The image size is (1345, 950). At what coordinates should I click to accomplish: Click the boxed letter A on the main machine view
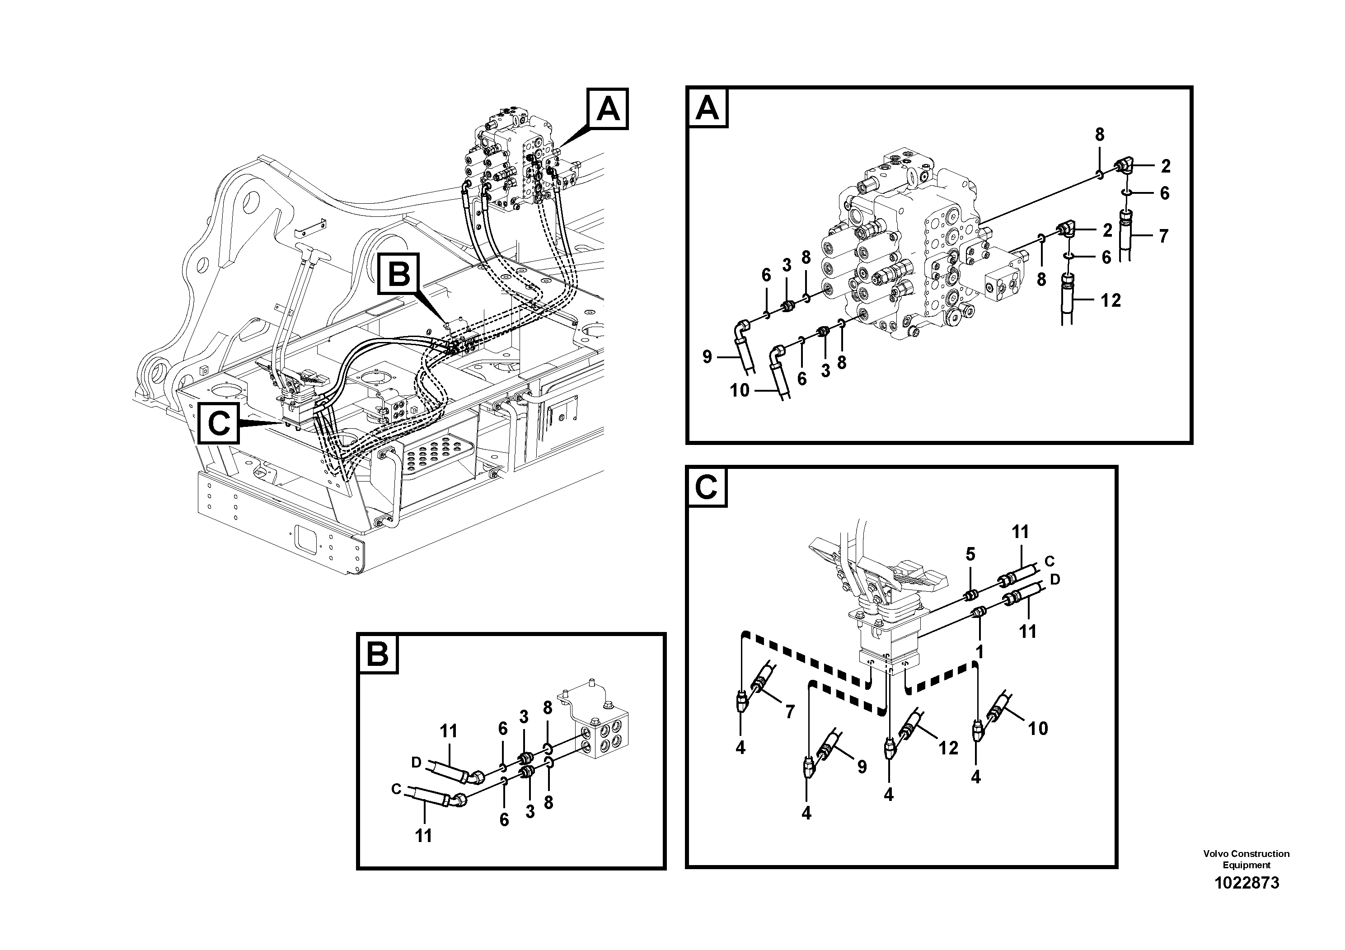pyautogui.click(x=608, y=109)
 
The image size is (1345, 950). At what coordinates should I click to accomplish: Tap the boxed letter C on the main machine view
pyautogui.click(x=219, y=422)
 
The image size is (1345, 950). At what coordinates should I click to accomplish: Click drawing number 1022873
pyautogui.click(x=1247, y=899)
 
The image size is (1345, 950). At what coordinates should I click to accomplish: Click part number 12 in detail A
pyautogui.click(x=1110, y=300)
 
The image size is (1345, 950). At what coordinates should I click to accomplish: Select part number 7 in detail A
pyautogui.click(x=1163, y=236)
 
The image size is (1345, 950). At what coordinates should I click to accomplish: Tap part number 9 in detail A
pyautogui.click(x=707, y=357)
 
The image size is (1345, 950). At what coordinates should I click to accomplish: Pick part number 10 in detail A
pyautogui.click(x=739, y=390)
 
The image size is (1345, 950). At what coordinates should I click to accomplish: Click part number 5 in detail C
pyautogui.click(x=970, y=554)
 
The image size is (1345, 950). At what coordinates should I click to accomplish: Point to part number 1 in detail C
pyautogui.click(x=979, y=652)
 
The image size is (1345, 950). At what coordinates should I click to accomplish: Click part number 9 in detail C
pyautogui.click(x=862, y=767)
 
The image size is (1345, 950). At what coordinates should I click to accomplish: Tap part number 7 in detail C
pyautogui.click(x=790, y=711)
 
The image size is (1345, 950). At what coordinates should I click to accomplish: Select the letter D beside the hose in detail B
pyautogui.click(x=416, y=762)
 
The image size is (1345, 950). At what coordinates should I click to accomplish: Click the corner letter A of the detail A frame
pyautogui.click(x=708, y=108)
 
